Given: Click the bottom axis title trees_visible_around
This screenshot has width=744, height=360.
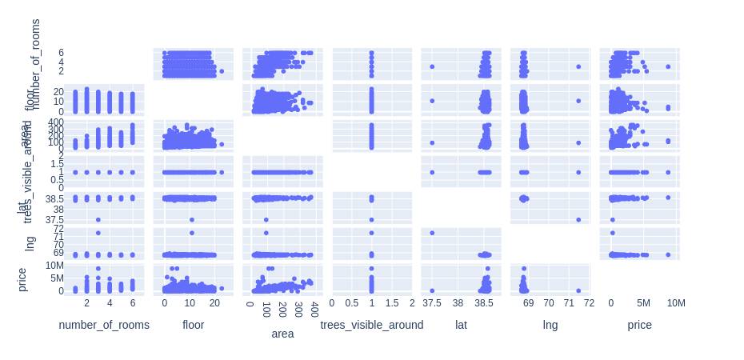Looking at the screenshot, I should pos(372,325).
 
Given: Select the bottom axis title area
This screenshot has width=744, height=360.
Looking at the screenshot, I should pos(282,334).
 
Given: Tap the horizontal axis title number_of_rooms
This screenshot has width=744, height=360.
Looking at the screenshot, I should pos(104,325).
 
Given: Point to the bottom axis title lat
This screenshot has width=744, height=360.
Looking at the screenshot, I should pos(461,325).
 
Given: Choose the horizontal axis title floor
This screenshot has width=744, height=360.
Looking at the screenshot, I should pos(194,325).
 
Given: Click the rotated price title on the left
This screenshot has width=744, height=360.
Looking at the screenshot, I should pos(22,279).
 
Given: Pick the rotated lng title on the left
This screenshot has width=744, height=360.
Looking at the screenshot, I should pos(31,243).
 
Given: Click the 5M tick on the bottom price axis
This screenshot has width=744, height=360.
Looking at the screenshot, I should pos(643,303).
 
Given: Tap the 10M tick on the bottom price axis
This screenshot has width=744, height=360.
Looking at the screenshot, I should pos(676,303).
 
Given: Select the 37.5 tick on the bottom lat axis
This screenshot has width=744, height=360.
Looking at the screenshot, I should pos(432,303).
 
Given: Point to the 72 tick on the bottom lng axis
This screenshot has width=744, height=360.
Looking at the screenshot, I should pos(589,303).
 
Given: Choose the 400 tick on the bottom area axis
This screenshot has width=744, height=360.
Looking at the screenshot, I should pos(314,303).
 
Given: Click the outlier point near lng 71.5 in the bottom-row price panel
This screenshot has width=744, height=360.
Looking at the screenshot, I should pos(578,290).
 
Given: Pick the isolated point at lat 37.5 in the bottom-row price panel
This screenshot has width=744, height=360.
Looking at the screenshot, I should pos(432,290).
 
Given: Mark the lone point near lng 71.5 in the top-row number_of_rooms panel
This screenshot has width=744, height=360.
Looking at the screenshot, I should pos(578,66).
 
